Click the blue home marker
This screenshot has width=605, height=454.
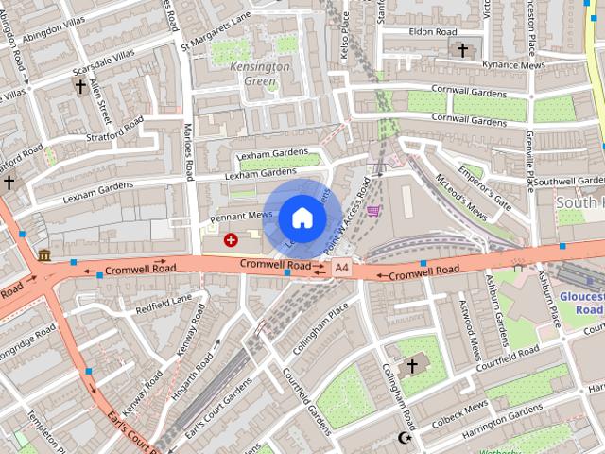click(x=302, y=218)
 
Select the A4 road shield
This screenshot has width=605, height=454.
click(x=341, y=270)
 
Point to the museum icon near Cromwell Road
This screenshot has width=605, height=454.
click(x=44, y=254)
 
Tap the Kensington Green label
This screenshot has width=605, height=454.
click(x=260, y=74)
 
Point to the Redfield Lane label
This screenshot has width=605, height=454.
click(x=164, y=304)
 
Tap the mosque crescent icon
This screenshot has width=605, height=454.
click(x=406, y=438)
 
